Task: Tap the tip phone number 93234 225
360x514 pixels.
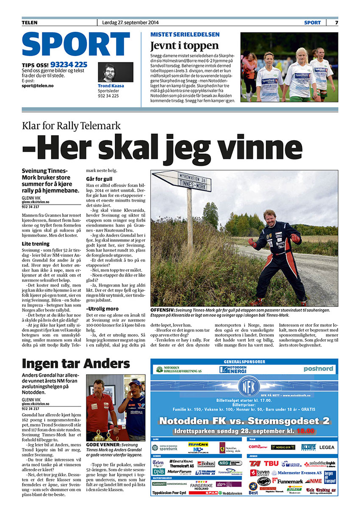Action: (69, 64)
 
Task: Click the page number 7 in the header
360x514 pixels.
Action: (336, 22)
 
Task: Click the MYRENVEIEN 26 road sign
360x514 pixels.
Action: (182, 181)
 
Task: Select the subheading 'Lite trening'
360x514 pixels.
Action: (36, 244)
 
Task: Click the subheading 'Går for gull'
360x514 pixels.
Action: (99, 179)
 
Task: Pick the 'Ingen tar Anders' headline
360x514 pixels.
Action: (76, 363)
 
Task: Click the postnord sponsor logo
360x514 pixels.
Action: (318, 369)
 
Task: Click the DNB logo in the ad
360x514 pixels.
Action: (158, 471)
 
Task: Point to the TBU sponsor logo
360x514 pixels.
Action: (271, 464)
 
